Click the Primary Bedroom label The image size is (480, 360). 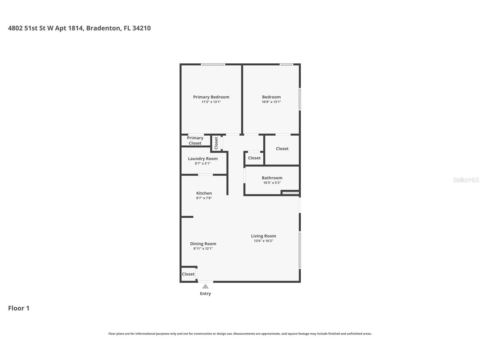(211, 97)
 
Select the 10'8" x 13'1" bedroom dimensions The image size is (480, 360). (271, 102)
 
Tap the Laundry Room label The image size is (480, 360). (203, 159)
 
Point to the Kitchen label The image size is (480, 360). (204, 193)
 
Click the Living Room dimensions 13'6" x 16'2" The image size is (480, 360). (263, 241)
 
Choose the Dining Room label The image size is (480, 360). (203, 244)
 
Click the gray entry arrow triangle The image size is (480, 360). (205, 286)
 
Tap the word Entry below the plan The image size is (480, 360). (205, 294)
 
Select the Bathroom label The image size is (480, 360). (272, 178)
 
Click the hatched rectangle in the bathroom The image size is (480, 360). (290, 193)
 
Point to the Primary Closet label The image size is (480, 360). (195, 140)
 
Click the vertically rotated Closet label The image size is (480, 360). (216, 143)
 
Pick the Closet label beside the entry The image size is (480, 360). (188, 274)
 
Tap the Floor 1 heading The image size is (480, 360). (19, 308)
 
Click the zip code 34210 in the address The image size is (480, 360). (141, 28)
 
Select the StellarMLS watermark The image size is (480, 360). (466, 180)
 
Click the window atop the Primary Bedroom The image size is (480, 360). (213, 65)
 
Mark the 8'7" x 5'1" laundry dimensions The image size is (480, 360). (203, 164)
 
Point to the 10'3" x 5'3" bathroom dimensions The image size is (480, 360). (272, 183)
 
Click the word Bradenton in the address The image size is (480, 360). (103, 28)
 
